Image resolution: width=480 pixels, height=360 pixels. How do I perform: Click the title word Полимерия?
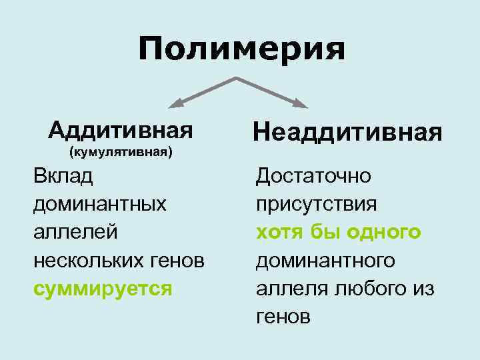pos(242,49)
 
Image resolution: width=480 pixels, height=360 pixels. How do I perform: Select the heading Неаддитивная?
pos(347,131)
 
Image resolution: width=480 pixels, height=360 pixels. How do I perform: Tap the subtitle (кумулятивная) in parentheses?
pos(121,151)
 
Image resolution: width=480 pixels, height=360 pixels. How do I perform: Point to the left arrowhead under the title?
pos(175,103)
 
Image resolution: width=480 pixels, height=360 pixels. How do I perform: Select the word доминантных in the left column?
pos(99,203)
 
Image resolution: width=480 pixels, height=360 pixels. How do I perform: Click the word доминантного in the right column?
pos(325,260)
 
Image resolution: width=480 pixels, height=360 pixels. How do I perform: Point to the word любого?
pos(367,289)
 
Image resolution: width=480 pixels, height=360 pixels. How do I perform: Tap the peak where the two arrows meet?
pos(237,78)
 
